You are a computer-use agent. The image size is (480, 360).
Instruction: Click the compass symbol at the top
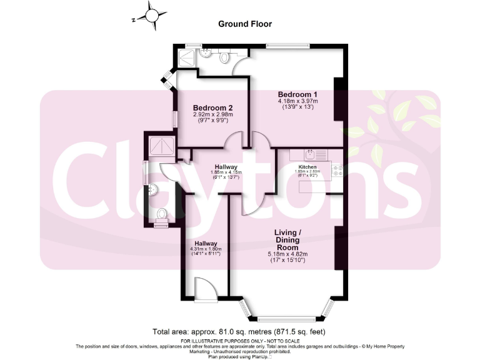tap(152, 15)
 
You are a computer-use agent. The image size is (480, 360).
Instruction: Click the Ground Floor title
tap(244, 24)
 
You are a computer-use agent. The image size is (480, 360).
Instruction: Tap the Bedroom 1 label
tap(298, 94)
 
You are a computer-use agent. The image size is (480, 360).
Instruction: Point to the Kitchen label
tap(307, 167)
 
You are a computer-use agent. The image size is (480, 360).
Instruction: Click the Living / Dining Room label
tap(287, 240)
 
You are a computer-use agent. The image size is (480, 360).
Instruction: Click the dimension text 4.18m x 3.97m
tap(298, 101)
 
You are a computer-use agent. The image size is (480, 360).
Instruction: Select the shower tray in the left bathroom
tap(159, 147)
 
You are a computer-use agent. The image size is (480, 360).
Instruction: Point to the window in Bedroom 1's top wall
tap(287, 46)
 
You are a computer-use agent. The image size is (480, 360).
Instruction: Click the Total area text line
tap(240, 331)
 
